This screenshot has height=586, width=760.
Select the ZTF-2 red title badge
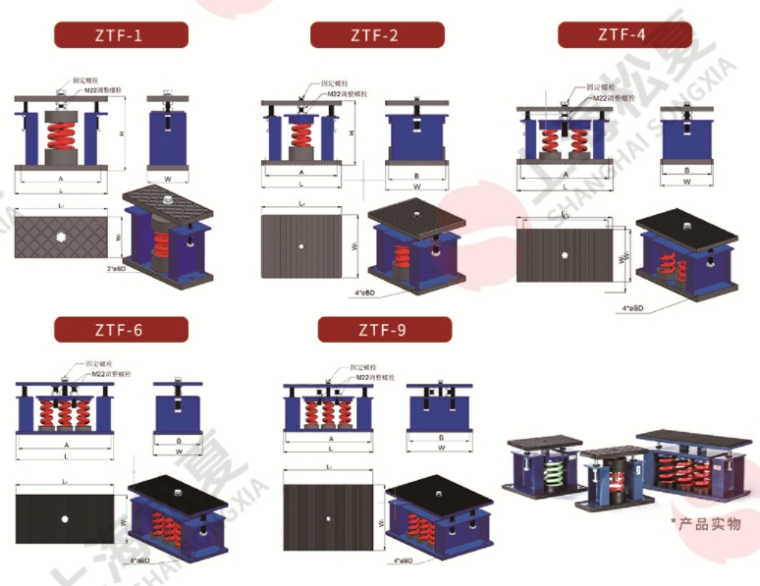point(377,36)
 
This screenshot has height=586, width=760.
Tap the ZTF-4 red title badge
point(624,35)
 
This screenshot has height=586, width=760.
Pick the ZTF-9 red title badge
point(384,330)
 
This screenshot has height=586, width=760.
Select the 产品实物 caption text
point(709,523)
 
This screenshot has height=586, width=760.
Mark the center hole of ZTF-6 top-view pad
point(64,518)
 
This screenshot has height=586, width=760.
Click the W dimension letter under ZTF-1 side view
point(167,179)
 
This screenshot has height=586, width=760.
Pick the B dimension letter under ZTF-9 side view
point(439,438)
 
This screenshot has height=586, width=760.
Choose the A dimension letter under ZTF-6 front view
point(64,443)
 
